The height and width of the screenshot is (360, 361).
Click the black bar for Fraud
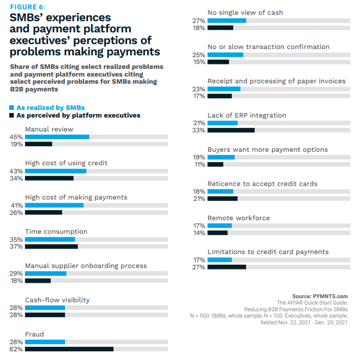(x=69, y=349)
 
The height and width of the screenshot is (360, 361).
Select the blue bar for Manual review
(x=57, y=137)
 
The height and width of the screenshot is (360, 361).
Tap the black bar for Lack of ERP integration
(x=231, y=130)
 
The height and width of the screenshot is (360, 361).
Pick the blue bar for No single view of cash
(x=227, y=21)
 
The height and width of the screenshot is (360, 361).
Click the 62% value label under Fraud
(x=17, y=349)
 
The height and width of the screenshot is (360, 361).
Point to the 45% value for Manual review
(x=17, y=137)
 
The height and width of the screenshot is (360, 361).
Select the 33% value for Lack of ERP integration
(x=199, y=130)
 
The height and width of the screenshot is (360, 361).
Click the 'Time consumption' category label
(x=56, y=232)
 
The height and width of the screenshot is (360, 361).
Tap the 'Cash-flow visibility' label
(x=57, y=300)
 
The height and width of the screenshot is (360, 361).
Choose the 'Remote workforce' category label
(x=239, y=218)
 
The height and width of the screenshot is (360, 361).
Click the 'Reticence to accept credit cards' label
(x=262, y=184)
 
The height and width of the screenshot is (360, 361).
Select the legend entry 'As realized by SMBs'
(x=50, y=108)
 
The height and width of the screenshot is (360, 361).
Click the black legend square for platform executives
(x=12, y=115)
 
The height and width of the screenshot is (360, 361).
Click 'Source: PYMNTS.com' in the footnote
(x=320, y=296)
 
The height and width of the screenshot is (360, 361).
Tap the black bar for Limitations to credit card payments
(x=227, y=267)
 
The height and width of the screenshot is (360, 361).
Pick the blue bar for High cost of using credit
(x=55, y=171)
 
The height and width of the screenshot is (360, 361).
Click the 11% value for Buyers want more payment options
(x=199, y=164)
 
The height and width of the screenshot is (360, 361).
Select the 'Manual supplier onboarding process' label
(x=86, y=266)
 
